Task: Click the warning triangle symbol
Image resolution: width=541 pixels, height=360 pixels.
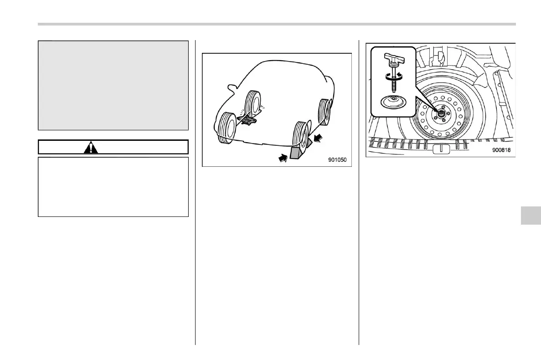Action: coord(91,147)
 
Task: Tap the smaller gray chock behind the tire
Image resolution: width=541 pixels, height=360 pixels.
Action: coord(309,142)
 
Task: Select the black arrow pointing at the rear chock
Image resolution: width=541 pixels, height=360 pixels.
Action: coord(320,136)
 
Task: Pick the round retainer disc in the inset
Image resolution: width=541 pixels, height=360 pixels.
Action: coord(393,101)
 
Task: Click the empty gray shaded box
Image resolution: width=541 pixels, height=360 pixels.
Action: coord(113,85)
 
